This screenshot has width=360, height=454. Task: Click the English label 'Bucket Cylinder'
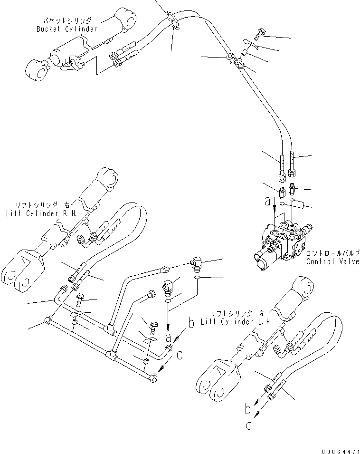pos(66,29)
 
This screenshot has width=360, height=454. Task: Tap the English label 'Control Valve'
pos(332,261)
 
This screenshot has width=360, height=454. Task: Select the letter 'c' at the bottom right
pos(249,425)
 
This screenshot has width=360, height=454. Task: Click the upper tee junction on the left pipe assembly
pos(109,328)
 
